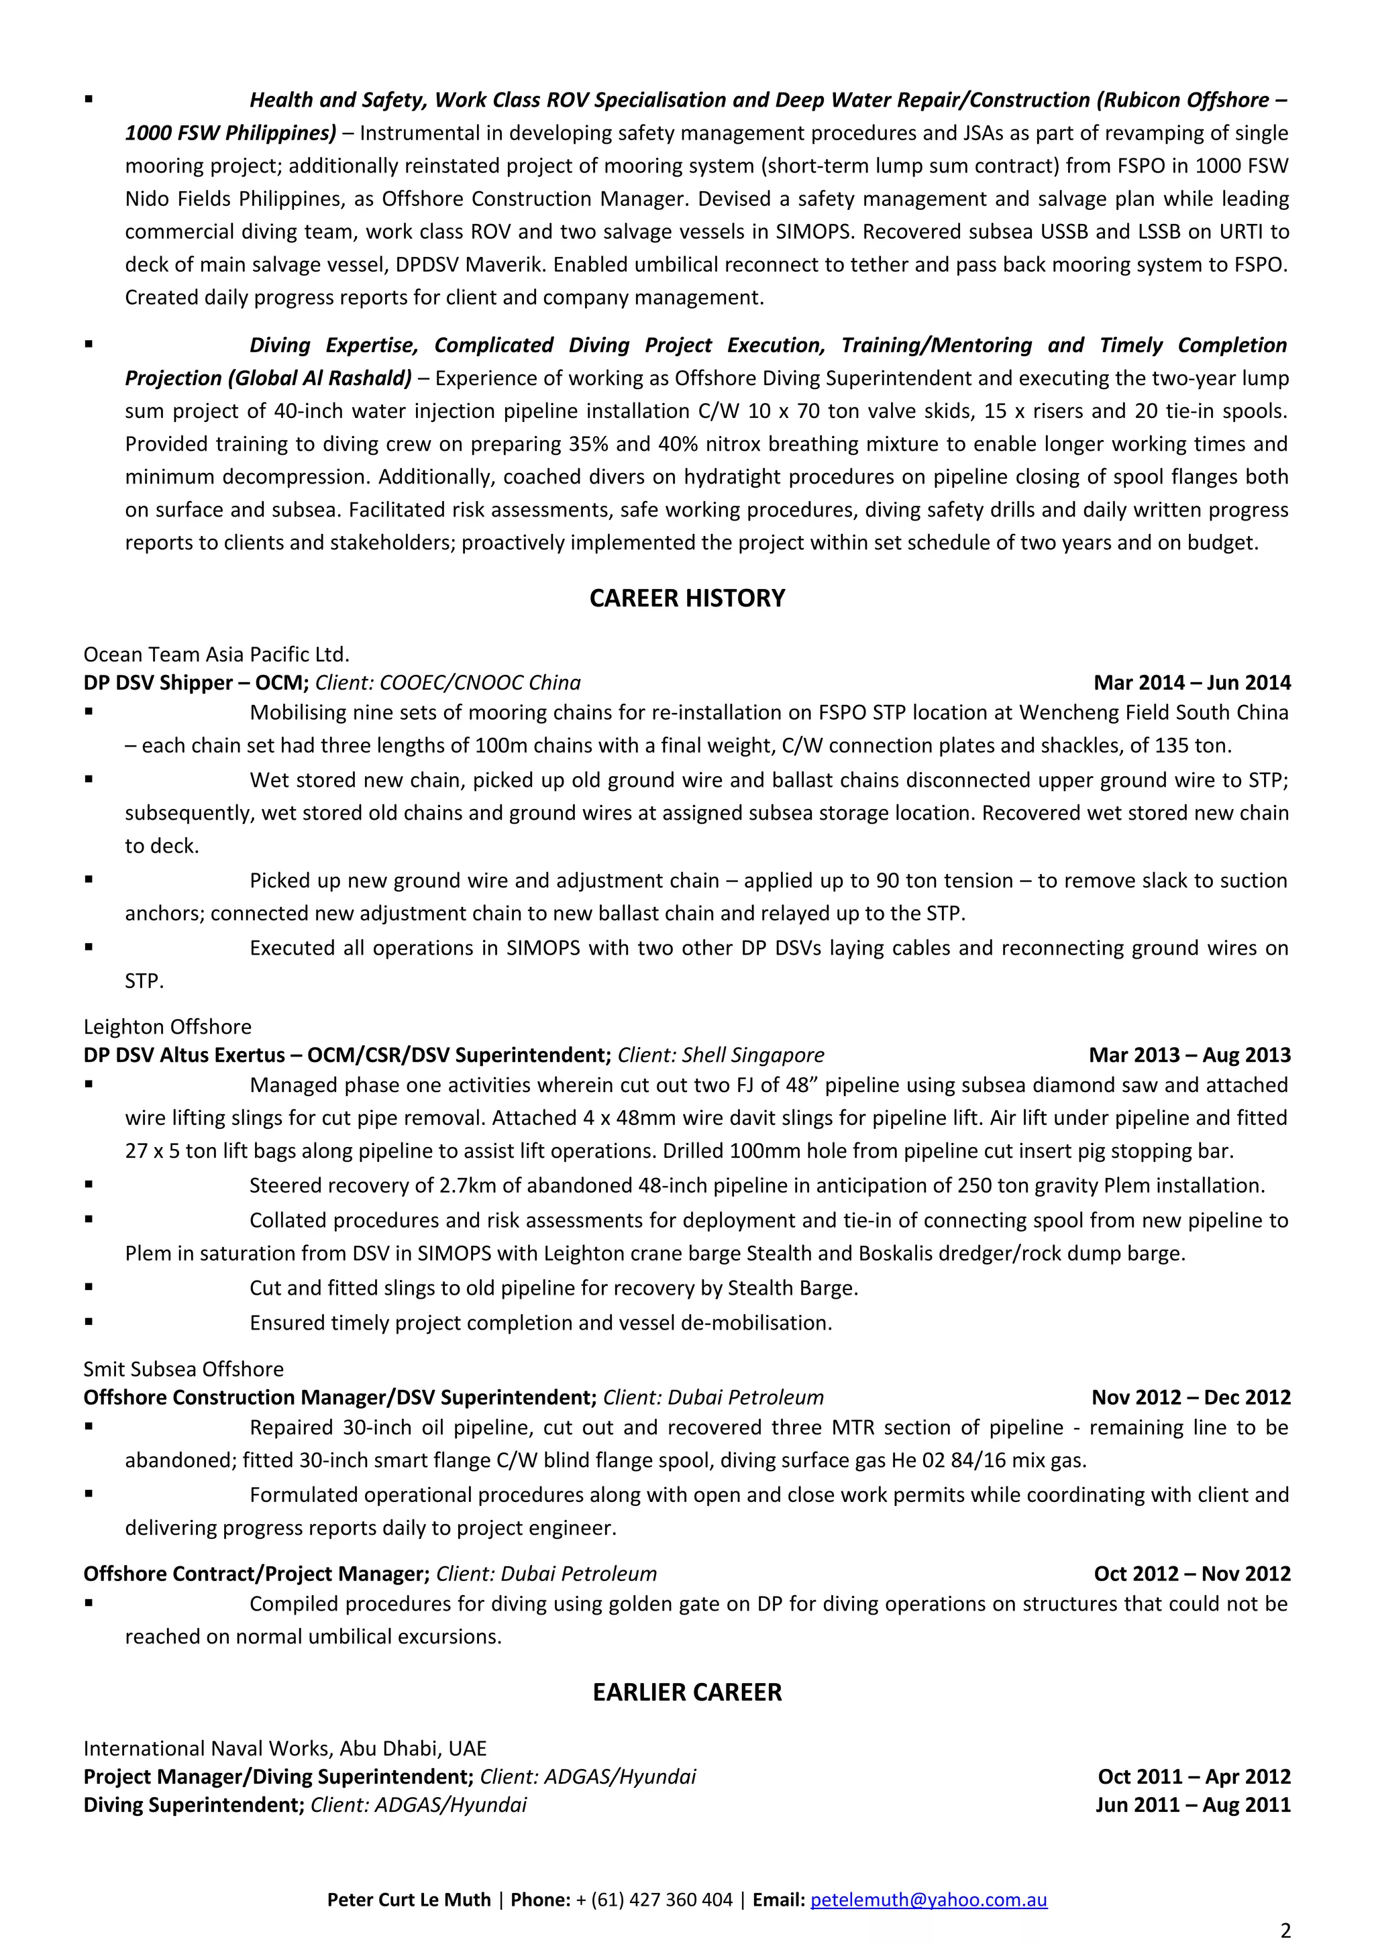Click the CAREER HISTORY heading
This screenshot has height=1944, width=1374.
point(686,598)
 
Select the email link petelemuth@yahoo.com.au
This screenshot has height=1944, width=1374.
point(928,1900)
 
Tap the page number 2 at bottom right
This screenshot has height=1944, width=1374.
point(1285,1931)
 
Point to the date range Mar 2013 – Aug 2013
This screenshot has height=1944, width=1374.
point(1189,1055)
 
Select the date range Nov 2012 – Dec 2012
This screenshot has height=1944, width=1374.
point(1190,1397)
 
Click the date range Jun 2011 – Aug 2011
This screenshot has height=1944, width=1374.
point(1192,1804)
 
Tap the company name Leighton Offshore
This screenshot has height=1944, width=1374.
point(168,1027)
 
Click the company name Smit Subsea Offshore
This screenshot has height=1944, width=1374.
point(184,1369)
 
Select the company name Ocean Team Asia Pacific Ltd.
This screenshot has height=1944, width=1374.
point(216,655)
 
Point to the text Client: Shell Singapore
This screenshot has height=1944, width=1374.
point(721,1055)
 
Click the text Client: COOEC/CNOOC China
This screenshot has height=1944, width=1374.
point(448,682)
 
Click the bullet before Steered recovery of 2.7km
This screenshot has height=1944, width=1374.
point(88,1185)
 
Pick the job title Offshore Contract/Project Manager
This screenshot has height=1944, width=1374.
point(256,1573)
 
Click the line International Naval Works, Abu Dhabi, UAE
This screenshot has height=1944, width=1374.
point(284,1748)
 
